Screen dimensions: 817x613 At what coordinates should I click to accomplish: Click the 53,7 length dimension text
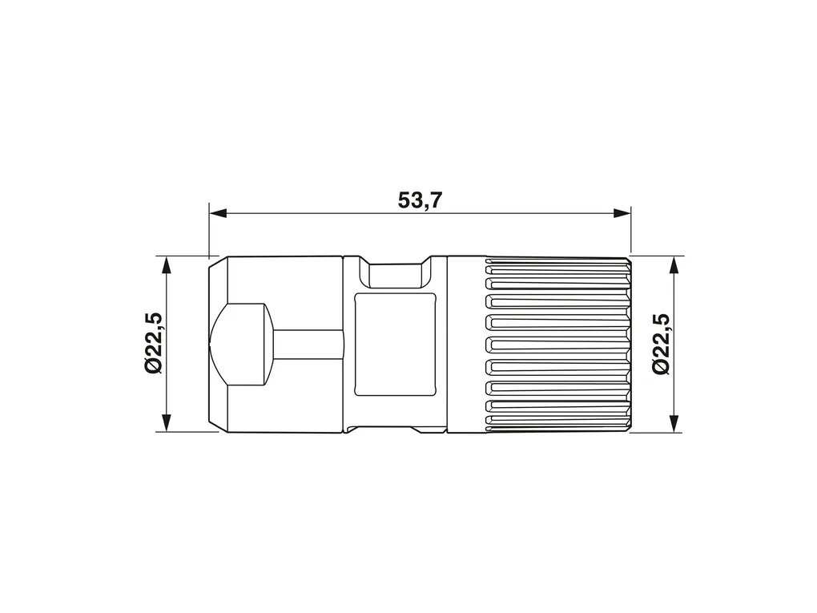pos(420,200)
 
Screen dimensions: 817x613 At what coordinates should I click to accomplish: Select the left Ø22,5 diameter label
pos(154,344)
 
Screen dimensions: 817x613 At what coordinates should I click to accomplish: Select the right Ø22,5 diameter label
pos(660,344)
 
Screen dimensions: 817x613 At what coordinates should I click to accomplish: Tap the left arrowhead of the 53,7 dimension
pos(219,213)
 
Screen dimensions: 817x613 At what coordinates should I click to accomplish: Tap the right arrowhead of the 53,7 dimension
pos(622,213)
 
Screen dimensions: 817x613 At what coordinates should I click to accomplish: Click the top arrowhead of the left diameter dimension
pos(167,265)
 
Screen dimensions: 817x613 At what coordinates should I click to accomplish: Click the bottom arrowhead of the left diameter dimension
pos(167,423)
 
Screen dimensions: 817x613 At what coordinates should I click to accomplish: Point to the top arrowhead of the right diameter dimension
pos(674,265)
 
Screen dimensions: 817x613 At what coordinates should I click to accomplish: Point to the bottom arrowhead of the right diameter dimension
pos(674,423)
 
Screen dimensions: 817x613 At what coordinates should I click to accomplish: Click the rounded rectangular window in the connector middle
pos(394,344)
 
